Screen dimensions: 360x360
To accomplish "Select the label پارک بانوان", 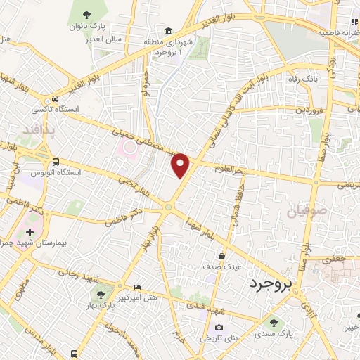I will [86, 26].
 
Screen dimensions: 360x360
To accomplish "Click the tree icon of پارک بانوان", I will [86, 14].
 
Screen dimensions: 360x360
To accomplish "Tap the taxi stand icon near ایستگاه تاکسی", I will [54, 99].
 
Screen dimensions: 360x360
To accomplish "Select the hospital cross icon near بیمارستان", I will [29, 231].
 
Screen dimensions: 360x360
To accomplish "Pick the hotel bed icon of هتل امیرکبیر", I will [136, 288].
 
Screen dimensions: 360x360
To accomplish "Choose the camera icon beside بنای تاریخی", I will [219, 327].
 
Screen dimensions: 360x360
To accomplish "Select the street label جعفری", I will [333, 259].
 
